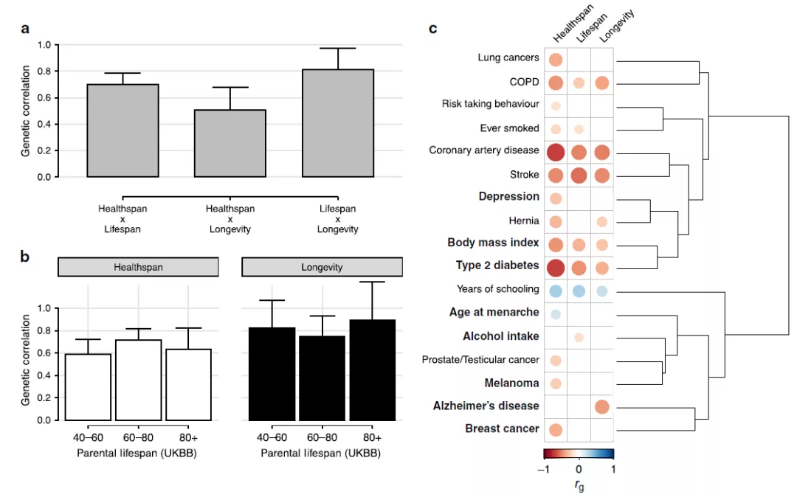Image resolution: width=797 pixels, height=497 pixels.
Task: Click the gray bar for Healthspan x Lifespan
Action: (x=123, y=131)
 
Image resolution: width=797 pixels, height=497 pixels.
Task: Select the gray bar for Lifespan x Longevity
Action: (x=338, y=123)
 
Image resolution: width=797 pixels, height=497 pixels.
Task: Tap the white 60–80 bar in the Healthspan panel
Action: (x=138, y=380)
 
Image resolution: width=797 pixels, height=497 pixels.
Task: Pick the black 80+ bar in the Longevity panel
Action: (x=372, y=370)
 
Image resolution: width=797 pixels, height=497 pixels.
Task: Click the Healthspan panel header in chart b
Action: (x=138, y=267)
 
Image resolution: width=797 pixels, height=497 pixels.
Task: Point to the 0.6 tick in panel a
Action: (x=44, y=98)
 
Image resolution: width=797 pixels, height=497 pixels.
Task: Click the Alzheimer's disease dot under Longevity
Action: (x=602, y=406)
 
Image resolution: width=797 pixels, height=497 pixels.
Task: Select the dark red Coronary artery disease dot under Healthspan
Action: (x=556, y=153)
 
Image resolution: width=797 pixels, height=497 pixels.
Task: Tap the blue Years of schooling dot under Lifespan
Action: (x=579, y=291)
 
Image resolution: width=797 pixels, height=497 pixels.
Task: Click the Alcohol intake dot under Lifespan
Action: (x=579, y=337)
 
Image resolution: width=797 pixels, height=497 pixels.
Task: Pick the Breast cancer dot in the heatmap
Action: (x=556, y=429)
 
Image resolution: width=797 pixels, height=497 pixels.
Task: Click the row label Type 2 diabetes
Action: (x=497, y=265)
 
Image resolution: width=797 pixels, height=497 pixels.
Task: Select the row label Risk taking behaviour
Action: (x=491, y=104)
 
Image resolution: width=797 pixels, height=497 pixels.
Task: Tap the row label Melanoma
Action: (x=511, y=383)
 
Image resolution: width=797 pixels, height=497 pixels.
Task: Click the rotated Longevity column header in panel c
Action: (x=616, y=26)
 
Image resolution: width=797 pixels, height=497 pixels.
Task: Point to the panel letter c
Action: (x=433, y=29)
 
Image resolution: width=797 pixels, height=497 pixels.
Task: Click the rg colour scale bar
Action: (x=579, y=453)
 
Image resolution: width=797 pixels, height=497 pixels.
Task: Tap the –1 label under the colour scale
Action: (x=543, y=469)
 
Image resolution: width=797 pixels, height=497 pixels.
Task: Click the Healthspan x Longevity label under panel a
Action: (x=230, y=219)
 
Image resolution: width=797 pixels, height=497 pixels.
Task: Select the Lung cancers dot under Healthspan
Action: (x=556, y=60)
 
